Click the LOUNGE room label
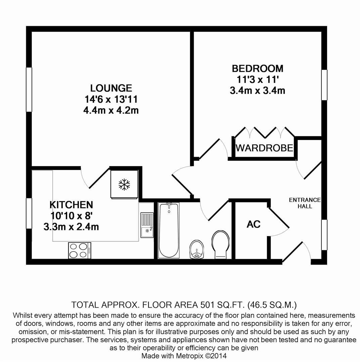tap(111, 88)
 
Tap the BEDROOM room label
tap(258, 69)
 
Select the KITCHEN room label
tap(71, 205)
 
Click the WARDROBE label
tap(264, 148)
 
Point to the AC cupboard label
tap(254, 224)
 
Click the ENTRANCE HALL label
tap(305, 203)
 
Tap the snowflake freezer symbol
tap(124, 184)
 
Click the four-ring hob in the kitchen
tap(80, 251)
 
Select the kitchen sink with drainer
tap(147, 225)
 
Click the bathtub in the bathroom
tap(169, 230)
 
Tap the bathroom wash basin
tap(196, 249)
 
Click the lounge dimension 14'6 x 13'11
tap(111, 99)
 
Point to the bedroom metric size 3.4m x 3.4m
tap(258, 90)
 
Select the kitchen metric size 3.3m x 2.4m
tap(71, 227)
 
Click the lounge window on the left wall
tap(29, 89)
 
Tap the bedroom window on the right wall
tap(324, 85)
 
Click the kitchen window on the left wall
tap(29, 214)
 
